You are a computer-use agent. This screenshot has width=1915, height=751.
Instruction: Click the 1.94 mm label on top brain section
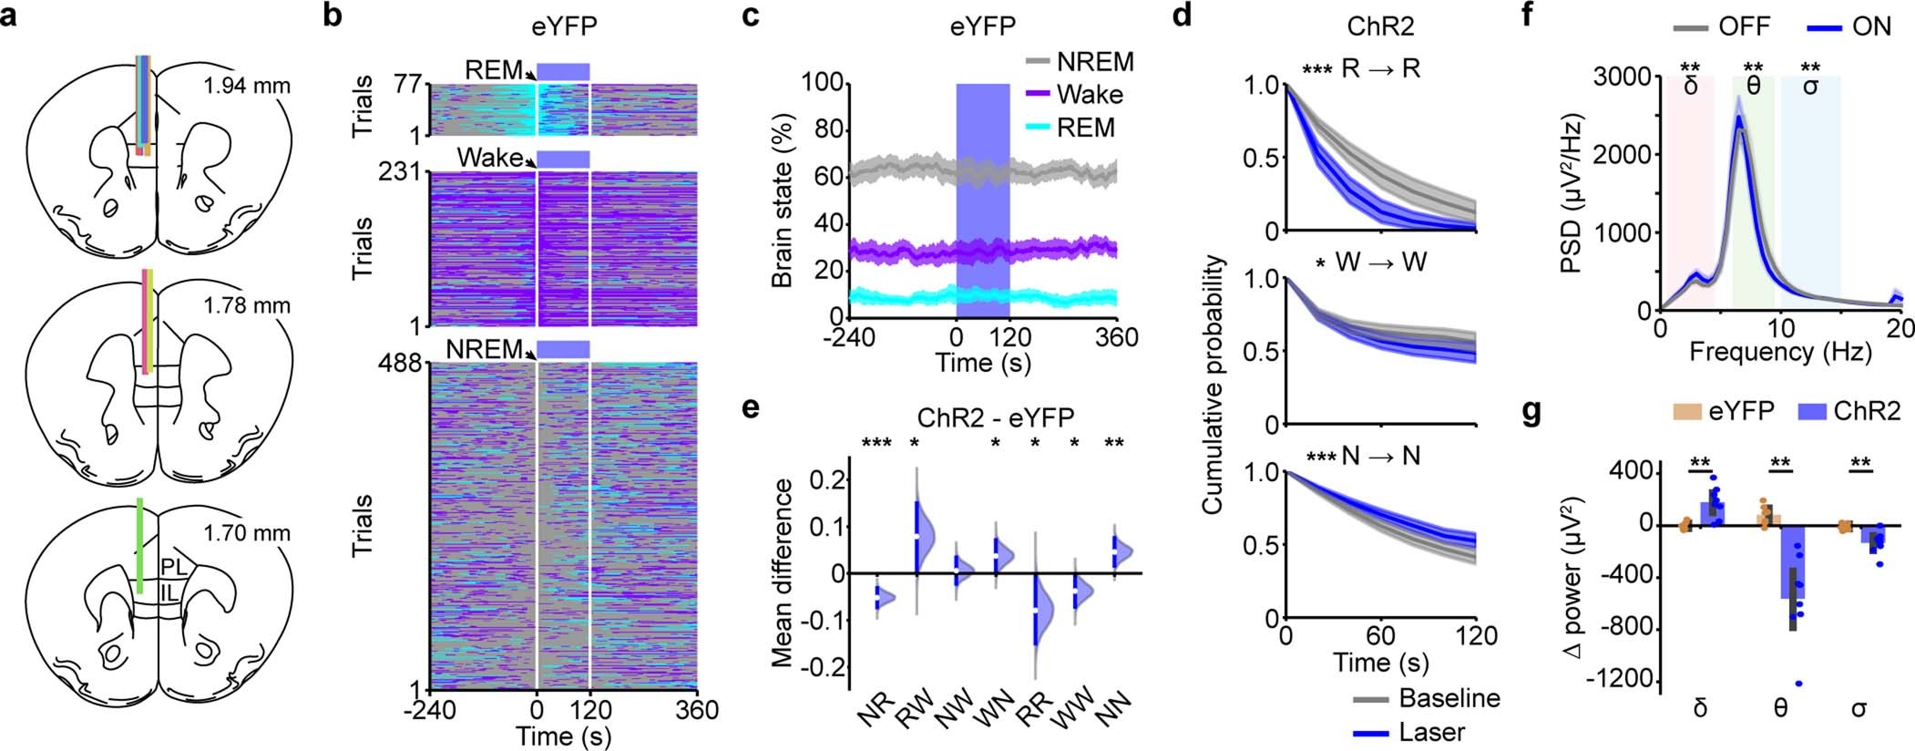tap(247, 87)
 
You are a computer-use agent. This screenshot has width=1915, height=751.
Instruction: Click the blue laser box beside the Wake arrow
tap(563, 159)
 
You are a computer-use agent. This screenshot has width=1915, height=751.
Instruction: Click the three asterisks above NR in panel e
tap(877, 444)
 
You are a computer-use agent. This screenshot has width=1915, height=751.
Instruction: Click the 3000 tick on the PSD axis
tap(1623, 77)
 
